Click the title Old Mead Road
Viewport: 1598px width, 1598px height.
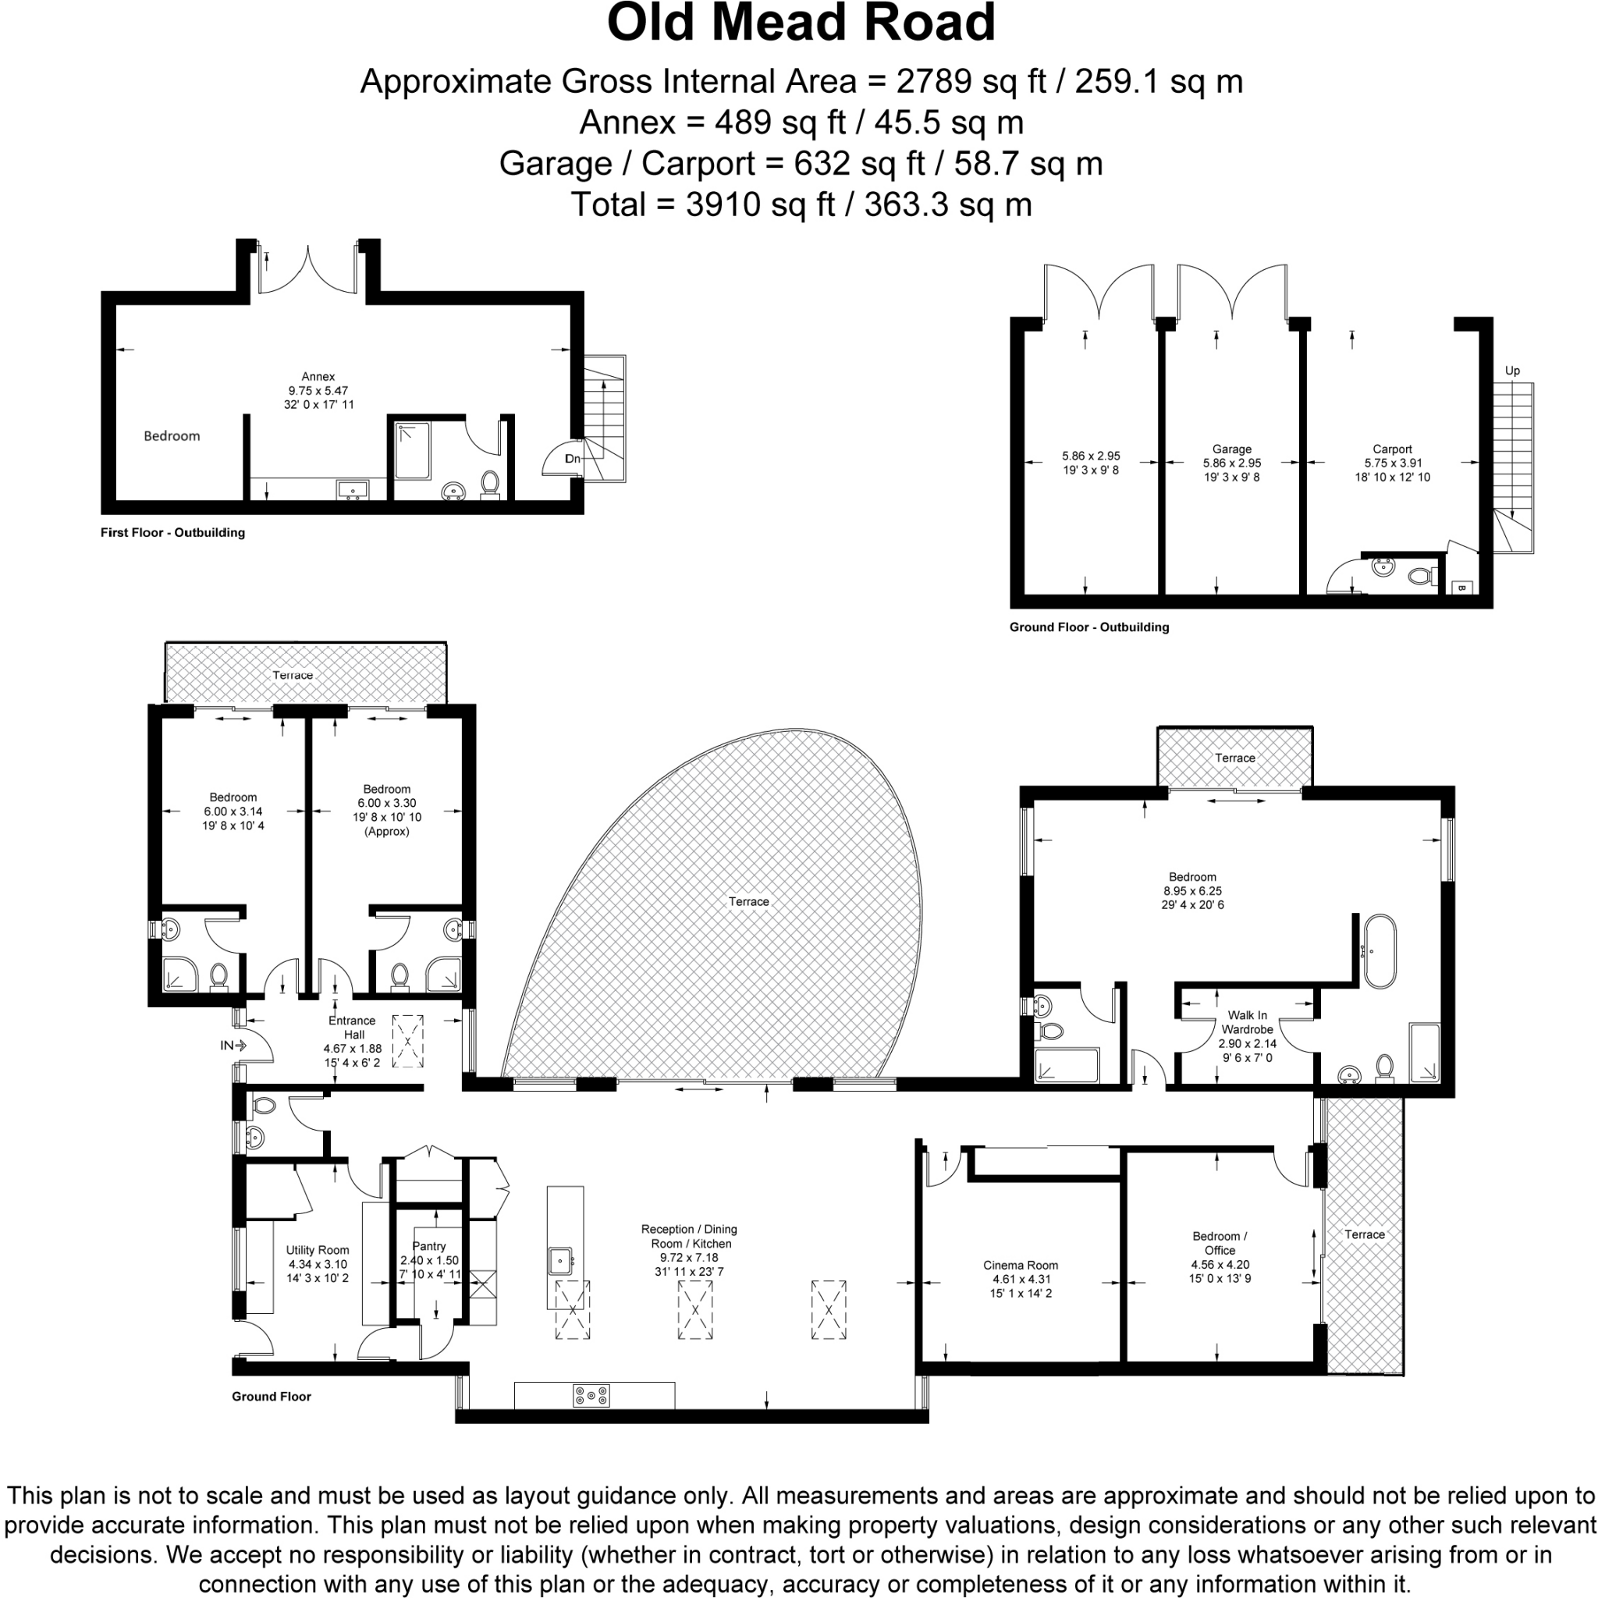801,23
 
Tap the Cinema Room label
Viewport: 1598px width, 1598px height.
1020,1265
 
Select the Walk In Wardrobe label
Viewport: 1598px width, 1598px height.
1246,1022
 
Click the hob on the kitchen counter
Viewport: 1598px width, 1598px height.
591,1395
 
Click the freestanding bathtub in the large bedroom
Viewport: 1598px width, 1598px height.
1379,951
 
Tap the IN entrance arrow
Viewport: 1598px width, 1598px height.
234,1046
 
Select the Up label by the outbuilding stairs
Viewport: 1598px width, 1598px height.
1512,371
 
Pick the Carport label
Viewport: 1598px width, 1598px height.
1392,449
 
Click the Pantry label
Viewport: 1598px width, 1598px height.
428,1245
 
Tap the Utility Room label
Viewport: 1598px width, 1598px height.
318,1250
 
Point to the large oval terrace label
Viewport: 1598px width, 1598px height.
748,901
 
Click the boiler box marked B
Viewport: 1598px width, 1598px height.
1461,588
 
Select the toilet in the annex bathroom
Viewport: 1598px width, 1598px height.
490,484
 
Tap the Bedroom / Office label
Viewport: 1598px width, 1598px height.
1220,1242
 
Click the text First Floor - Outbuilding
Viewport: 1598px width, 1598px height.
173,533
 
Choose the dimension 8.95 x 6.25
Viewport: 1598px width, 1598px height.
1192,891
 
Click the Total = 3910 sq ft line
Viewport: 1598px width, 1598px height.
801,204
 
